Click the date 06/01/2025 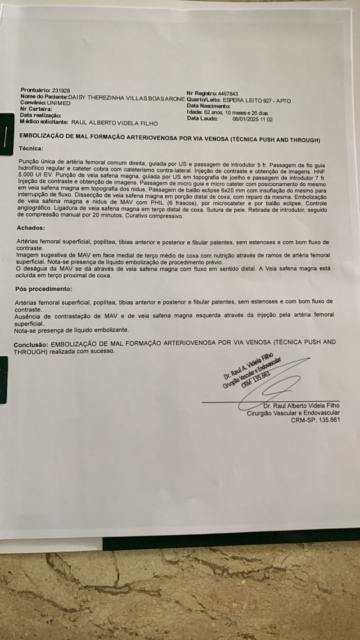(247, 119)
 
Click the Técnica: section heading (31, 148)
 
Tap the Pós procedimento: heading (44, 288)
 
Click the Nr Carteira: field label (36, 108)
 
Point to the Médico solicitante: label (44, 122)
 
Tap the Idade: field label (194, 113)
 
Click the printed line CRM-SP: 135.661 (315, 420)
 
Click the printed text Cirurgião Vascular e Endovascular (293, 413)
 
